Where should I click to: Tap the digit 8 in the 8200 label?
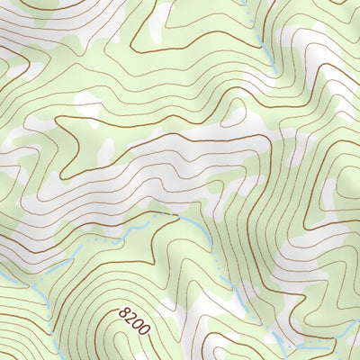point(123,311)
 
